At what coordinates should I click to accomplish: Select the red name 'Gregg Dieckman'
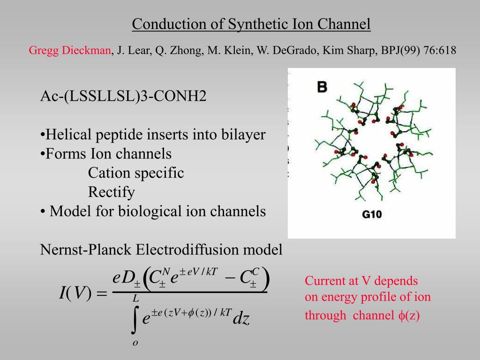(x=70, y=50)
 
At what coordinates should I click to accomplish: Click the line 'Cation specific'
(x=136, y=173)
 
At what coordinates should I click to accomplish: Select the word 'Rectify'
(x=112, y=192)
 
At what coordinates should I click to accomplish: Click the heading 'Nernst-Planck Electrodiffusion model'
(x=161, y=249)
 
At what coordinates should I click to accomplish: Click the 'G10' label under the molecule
(x=372, y=215)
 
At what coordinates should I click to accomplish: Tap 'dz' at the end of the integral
(x=241, y=319)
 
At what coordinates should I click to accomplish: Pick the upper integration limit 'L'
(x=135, y=298)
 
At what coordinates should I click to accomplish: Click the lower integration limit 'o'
(x=135, y=343)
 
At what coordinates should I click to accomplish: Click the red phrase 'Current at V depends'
(x=361, y=281)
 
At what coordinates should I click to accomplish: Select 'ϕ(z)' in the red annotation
(x=410, y=315)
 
